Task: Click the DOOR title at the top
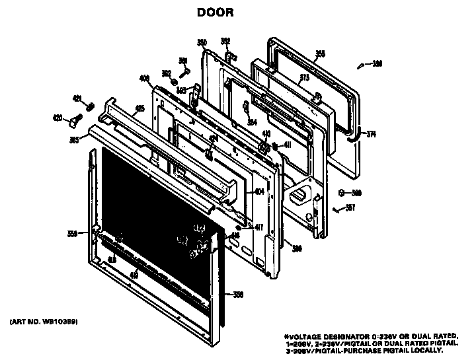(x=215, y=12)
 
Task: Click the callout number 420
(x=58, y=118)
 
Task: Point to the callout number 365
(x=74, y=139)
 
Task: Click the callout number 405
(x=139, y=108)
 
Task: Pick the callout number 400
(x=144, y=79)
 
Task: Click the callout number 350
(x=202, y=43)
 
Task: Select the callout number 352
(x=225, y=41)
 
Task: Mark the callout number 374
(x=371, y=134)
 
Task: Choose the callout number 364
(x=252, y=122)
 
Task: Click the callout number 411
(x=287, y=145)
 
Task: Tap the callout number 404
(x=259, y=192)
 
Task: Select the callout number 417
(x=259, y=228)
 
